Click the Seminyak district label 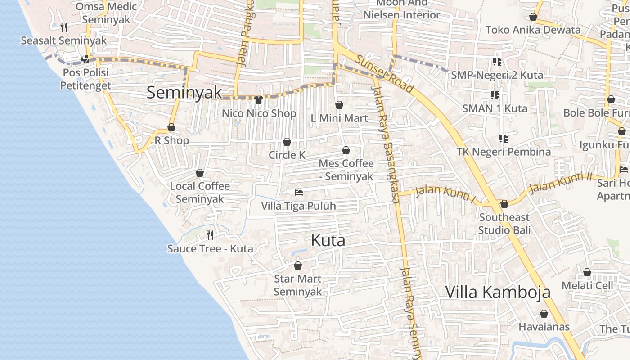point(184,92)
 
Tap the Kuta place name point(328,240)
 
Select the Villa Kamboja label point(498,292)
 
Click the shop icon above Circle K point(287,142)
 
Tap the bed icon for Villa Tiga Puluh point(298,193)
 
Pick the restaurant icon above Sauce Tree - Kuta point(210,235)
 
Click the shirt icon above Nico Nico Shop point(259,99)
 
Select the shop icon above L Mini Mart point(339,105)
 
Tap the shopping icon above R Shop point(171,127)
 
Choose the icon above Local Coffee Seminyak point(200,173)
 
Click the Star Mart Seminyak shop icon point(297,265)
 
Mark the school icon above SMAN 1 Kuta point(495,95)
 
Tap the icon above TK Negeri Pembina point(503,138)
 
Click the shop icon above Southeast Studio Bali point(504,204)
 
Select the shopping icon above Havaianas point(544,313)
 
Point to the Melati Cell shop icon point(587,272)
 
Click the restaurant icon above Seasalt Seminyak point(64,27)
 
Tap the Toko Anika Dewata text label point(533,30)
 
